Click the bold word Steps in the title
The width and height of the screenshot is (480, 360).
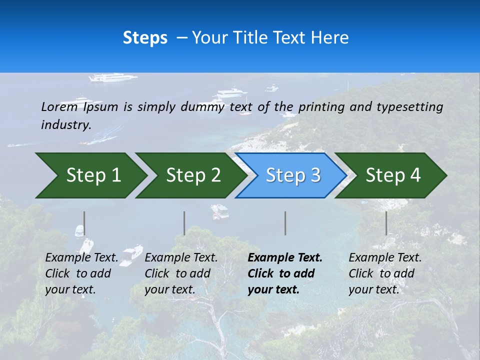tap(145, 38)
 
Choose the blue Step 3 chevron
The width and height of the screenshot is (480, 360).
tap(292, 175)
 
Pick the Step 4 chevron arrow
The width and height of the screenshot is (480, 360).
tap(392, 175)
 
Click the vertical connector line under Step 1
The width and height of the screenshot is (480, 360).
tap(84, 223)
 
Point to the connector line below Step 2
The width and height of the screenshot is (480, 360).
tap(184, 223)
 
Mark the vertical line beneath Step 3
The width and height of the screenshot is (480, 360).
tap(285, 223)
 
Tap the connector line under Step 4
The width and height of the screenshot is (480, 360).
tap(386, 223)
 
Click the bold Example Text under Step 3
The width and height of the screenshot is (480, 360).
tap(285, 258)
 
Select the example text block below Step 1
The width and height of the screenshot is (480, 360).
tap(81, 273)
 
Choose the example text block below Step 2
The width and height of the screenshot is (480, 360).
tap(181, 273)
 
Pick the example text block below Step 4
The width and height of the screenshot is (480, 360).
tap(385, 273)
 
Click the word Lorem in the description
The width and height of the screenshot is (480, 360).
tap(59, 106)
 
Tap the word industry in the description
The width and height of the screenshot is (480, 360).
tap(66, 125)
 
